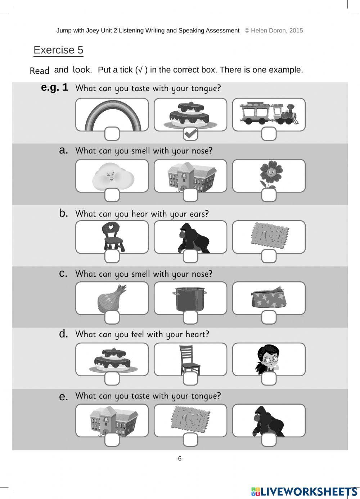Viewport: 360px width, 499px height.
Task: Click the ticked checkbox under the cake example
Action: [x=190, y=134]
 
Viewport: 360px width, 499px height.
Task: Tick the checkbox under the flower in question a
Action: [x=269, y=195]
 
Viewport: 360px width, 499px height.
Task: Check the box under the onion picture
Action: [x=112, y=317]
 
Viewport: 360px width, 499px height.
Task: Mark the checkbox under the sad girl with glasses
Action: [x=269, y=379]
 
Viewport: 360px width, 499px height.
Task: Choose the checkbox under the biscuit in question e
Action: [x=190, y=440]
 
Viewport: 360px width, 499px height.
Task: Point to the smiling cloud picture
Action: [x=112, y=177]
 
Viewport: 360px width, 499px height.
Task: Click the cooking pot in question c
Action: [x=190, y=298]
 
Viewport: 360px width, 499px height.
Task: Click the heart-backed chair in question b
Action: [x=112, y=236]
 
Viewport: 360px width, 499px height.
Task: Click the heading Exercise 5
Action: [x=58, y=50]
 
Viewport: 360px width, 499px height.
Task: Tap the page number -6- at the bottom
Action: [x=180, y=459]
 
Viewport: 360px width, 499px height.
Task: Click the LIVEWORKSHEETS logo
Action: [x=304, y=491]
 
